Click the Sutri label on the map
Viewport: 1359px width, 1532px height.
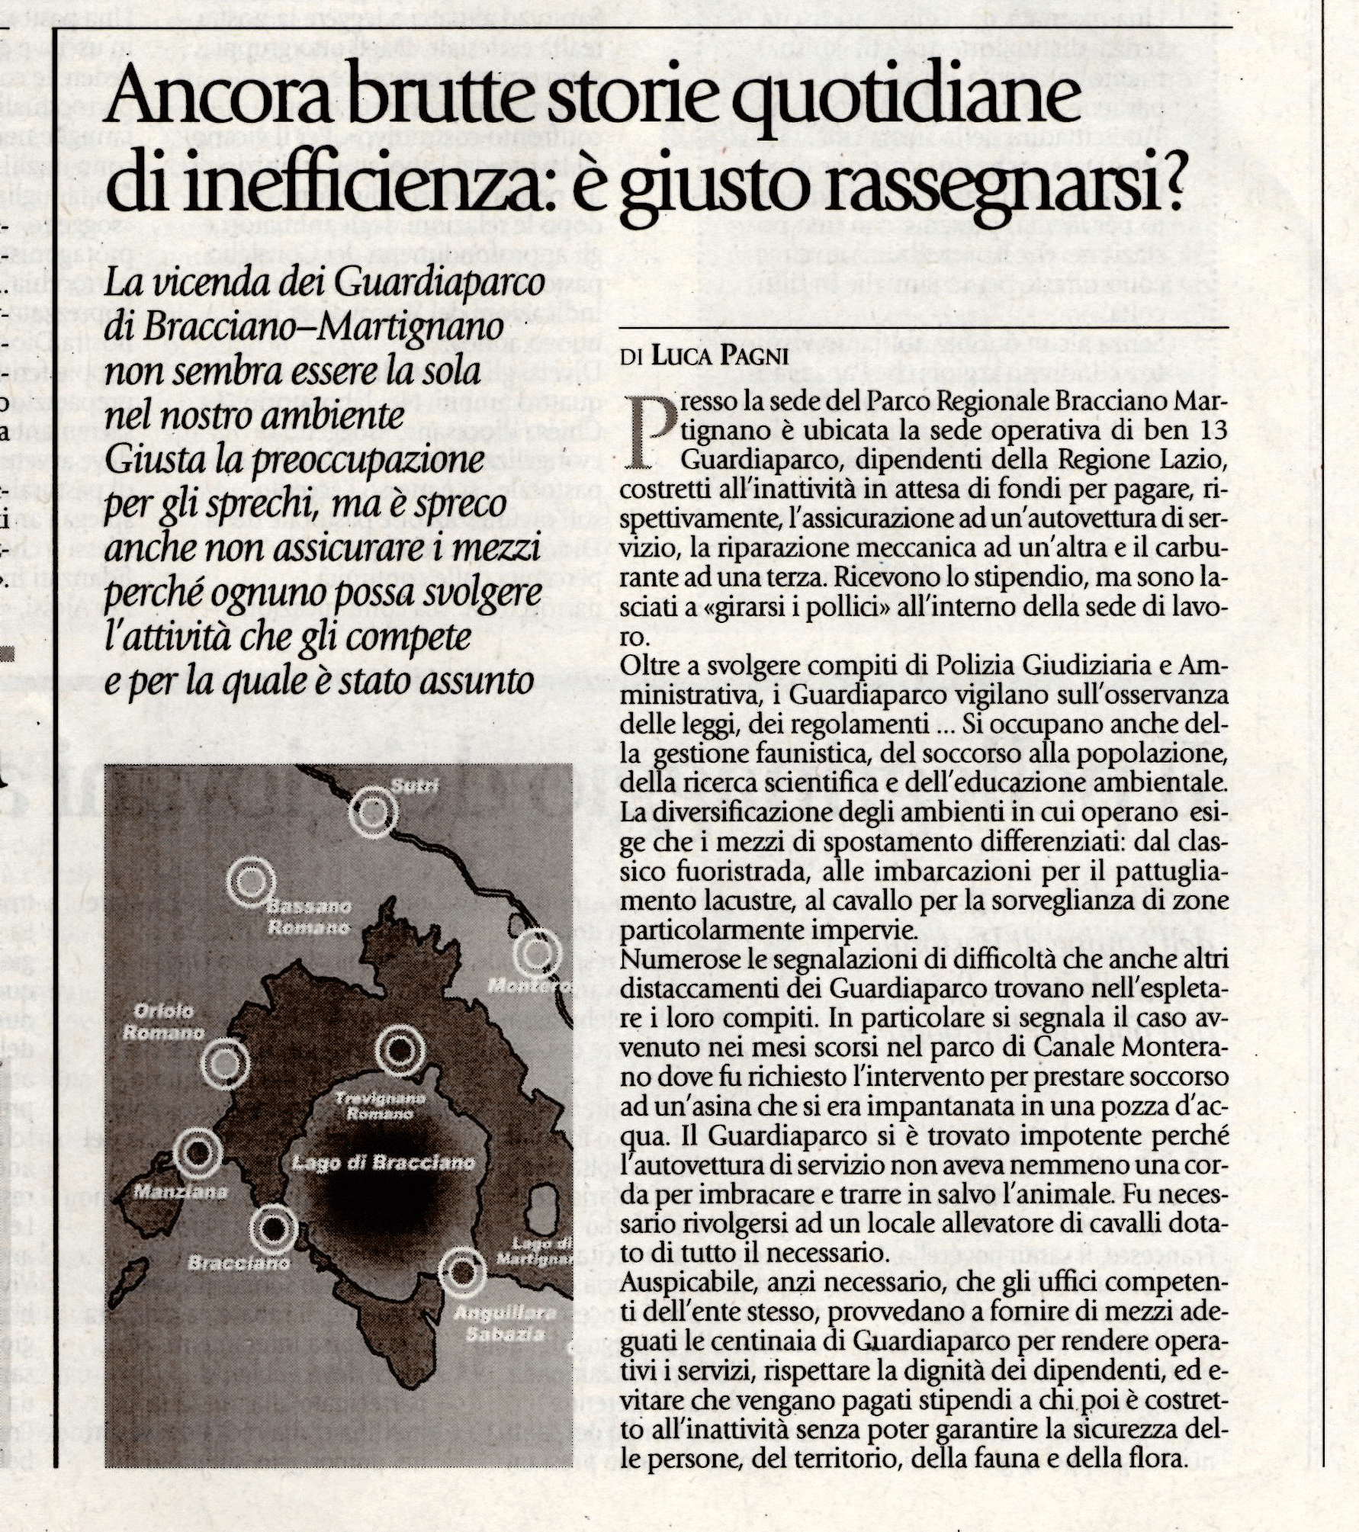tap(415, 786)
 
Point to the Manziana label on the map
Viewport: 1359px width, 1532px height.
tap(180, 1191)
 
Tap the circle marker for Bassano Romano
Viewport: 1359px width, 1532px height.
tap(250, 882)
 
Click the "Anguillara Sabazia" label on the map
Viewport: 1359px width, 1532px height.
tap(504, 1323)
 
